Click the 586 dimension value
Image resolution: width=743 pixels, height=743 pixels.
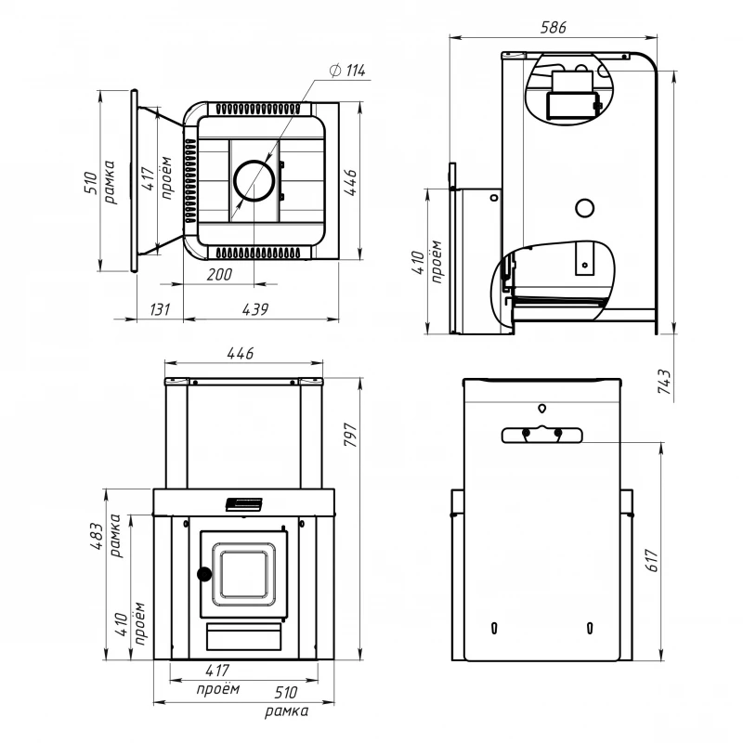click(553, 28)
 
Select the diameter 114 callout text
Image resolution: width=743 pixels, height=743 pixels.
click(347, 71)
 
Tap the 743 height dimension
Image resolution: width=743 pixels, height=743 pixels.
click(664, 382)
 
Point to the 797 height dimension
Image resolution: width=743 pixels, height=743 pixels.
click(351, 435)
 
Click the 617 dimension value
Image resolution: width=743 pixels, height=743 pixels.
click(653, 561)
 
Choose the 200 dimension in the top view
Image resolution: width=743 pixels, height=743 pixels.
click(219, 274)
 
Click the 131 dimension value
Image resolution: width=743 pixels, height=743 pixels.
click(160, 309)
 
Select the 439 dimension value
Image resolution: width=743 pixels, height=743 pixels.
click(255, 309)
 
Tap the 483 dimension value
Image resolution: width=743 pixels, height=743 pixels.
click(97, 536)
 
